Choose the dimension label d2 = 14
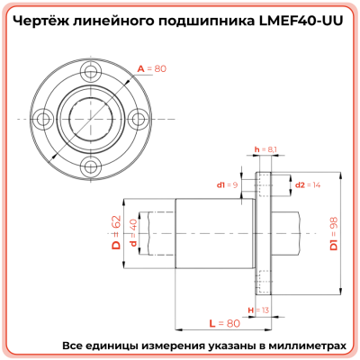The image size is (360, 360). point(309,184)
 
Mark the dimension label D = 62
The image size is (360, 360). point(115,231)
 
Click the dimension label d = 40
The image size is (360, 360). point(132,232)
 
